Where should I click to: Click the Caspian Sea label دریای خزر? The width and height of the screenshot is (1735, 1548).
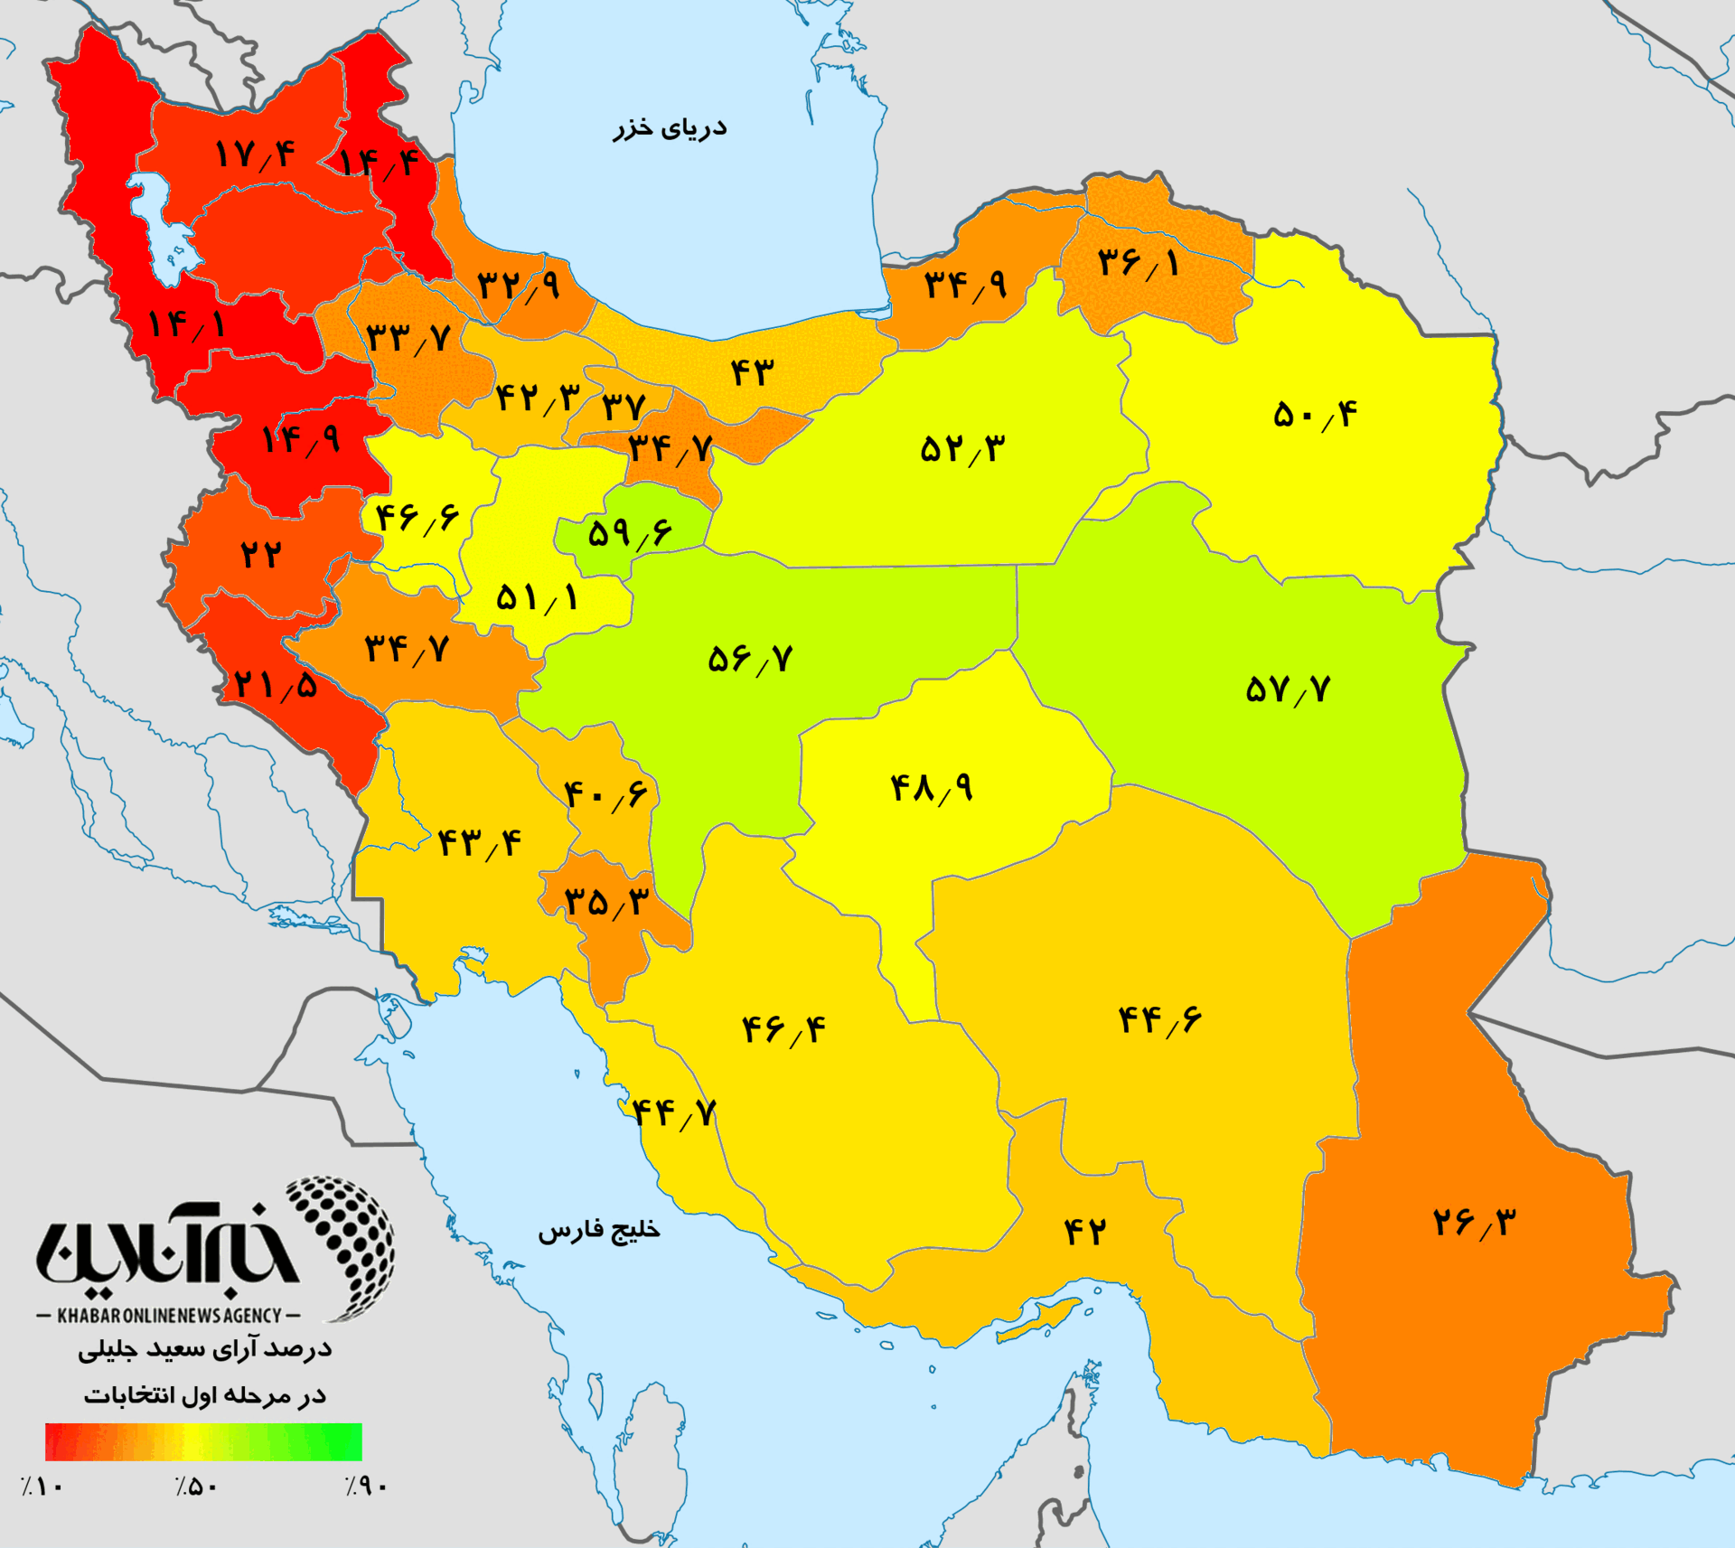(x=670, y=127)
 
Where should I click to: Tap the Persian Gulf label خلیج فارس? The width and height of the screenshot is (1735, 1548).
(x=599, y=1231)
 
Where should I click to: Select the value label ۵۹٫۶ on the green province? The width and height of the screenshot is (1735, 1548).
(x=630, y=533)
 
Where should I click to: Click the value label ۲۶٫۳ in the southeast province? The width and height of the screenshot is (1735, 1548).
(x=1475, y=1223)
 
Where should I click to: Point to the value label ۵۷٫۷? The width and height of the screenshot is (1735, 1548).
(x=1288, y=690)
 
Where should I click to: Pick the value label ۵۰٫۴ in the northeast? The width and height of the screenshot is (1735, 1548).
(x=1315, y=415)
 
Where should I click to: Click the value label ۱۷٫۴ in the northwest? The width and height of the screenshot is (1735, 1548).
(x=256, y=155)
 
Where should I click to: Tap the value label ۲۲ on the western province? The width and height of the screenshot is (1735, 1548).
(x=261, y=554)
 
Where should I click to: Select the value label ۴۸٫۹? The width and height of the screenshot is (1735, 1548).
(x=932, y=788)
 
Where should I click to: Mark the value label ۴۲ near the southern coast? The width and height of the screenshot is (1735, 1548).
(x=1084, y=1231)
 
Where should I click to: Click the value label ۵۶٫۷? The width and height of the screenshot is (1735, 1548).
(x=750, y=659)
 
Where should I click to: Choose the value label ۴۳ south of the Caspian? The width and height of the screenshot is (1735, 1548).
(x=752, y=371)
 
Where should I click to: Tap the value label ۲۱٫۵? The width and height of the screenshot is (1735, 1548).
(x=276, y=685)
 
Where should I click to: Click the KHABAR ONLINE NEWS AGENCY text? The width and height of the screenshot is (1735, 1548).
(x=169, y=1316)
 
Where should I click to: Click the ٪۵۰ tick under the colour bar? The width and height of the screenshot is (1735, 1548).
(x=197, y=1487)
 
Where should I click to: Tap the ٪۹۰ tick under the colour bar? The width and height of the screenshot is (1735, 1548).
(x=366, y=1487)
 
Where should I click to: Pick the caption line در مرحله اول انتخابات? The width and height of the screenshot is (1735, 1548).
(x=205, y=1396)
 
